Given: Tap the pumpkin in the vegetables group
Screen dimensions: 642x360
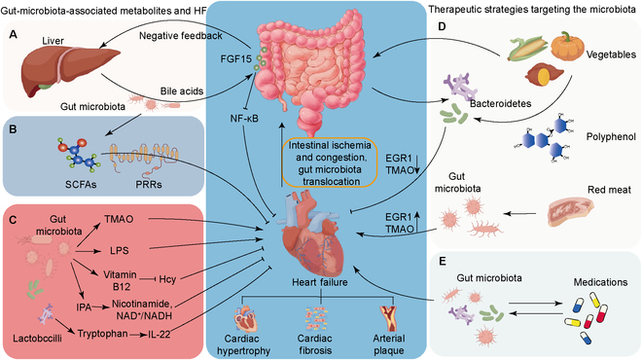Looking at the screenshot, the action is coord(567,46).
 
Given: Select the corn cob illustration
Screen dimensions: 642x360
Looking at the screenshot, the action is coord(528,48).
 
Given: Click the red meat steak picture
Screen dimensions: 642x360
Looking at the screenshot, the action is coord(570,212).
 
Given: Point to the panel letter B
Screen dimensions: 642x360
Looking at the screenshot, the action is coord(13,129).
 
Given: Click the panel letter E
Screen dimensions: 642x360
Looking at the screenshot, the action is coord(443,262).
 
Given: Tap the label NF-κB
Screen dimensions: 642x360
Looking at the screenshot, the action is coord(244,119).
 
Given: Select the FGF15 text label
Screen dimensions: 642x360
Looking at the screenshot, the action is coord(235,59).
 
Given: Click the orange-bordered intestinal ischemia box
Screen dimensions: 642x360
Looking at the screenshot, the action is coord(329,163).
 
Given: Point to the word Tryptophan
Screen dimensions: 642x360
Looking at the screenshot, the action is coord(103,334).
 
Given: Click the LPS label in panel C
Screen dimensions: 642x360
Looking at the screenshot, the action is coord(119,250).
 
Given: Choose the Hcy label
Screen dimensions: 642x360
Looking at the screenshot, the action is coord(167,279).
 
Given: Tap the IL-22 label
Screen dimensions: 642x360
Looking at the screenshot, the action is coord(160,334).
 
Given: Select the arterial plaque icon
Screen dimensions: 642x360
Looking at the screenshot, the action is coord(388,319).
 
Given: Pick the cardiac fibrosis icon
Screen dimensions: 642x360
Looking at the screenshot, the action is coord(316,318).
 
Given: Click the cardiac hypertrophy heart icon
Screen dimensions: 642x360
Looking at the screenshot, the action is coord(245,318).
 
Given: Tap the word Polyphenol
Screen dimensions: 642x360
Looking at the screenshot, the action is coord(611,137).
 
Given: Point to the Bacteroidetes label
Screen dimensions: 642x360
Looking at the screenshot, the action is coord(500,103).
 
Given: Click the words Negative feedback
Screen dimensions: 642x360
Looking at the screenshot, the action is coord(181,36).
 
